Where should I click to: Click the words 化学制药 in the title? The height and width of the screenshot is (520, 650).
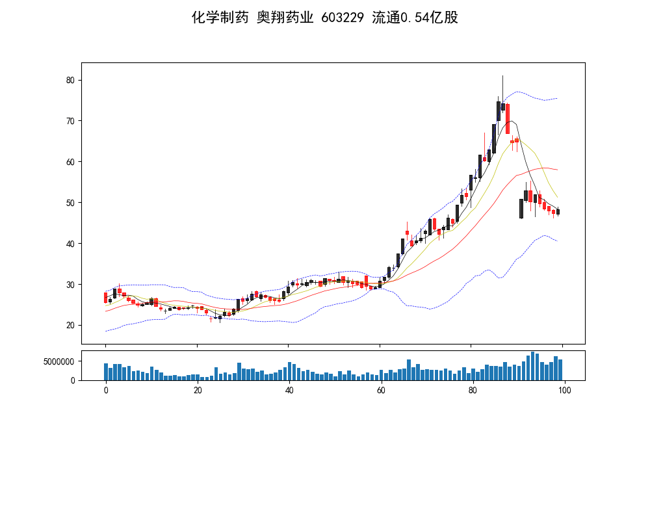pos(220,18)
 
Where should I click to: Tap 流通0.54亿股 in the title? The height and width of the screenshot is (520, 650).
pos(415,18)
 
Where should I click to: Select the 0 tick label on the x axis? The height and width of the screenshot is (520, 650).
pos(105,390)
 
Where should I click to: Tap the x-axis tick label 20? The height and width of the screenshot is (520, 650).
pos(197,390)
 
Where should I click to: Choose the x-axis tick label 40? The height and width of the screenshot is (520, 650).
pos(289,390)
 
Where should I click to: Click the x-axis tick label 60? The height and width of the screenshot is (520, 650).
pos(380,390)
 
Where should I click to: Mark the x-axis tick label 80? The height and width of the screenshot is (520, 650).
pos(473,390)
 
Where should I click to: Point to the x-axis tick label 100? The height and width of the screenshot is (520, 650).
pos(564,390)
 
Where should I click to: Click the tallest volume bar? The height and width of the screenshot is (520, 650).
pos(532,366)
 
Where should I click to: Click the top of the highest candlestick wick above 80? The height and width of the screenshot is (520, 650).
pos(502,76)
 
